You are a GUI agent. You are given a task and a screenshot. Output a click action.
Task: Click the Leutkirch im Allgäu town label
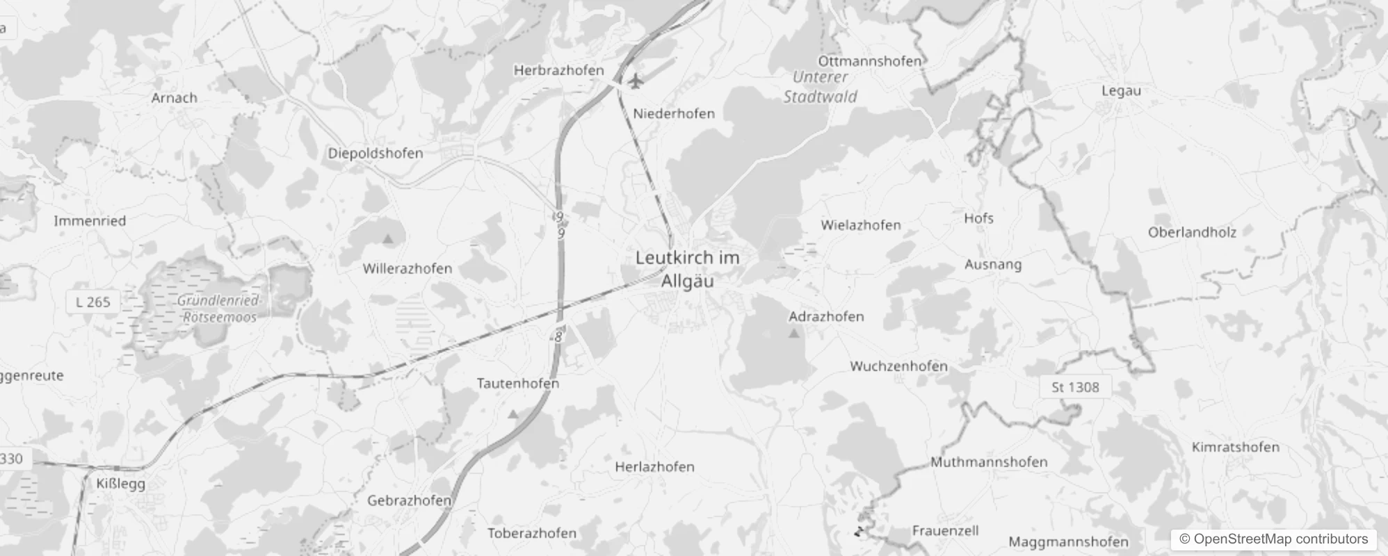687,269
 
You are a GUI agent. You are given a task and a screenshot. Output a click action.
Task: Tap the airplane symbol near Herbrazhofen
634,81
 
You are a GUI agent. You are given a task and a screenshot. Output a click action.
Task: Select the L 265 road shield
93,302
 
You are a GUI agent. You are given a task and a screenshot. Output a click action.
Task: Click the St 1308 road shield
1075,387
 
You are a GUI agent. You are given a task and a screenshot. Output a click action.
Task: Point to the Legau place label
1121,91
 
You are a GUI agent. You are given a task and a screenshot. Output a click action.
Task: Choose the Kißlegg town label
121,484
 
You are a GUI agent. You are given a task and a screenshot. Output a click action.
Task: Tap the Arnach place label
175,98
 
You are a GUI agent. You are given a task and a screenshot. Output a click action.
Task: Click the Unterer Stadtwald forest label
821,87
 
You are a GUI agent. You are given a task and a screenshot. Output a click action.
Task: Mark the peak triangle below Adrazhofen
794,334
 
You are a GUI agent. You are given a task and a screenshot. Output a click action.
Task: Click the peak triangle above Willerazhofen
388,239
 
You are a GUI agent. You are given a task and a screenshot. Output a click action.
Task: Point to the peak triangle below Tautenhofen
513,414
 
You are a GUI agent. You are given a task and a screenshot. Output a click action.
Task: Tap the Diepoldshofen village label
376,154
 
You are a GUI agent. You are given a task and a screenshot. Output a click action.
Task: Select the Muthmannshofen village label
989,462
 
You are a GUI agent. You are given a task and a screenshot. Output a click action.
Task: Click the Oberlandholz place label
1192,233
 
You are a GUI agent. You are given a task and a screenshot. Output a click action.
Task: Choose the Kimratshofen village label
1236,448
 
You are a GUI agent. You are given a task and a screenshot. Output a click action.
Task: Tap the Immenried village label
90,221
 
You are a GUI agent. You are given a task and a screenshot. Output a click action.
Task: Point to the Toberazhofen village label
532,534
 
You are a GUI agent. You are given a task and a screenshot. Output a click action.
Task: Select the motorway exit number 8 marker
558,337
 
